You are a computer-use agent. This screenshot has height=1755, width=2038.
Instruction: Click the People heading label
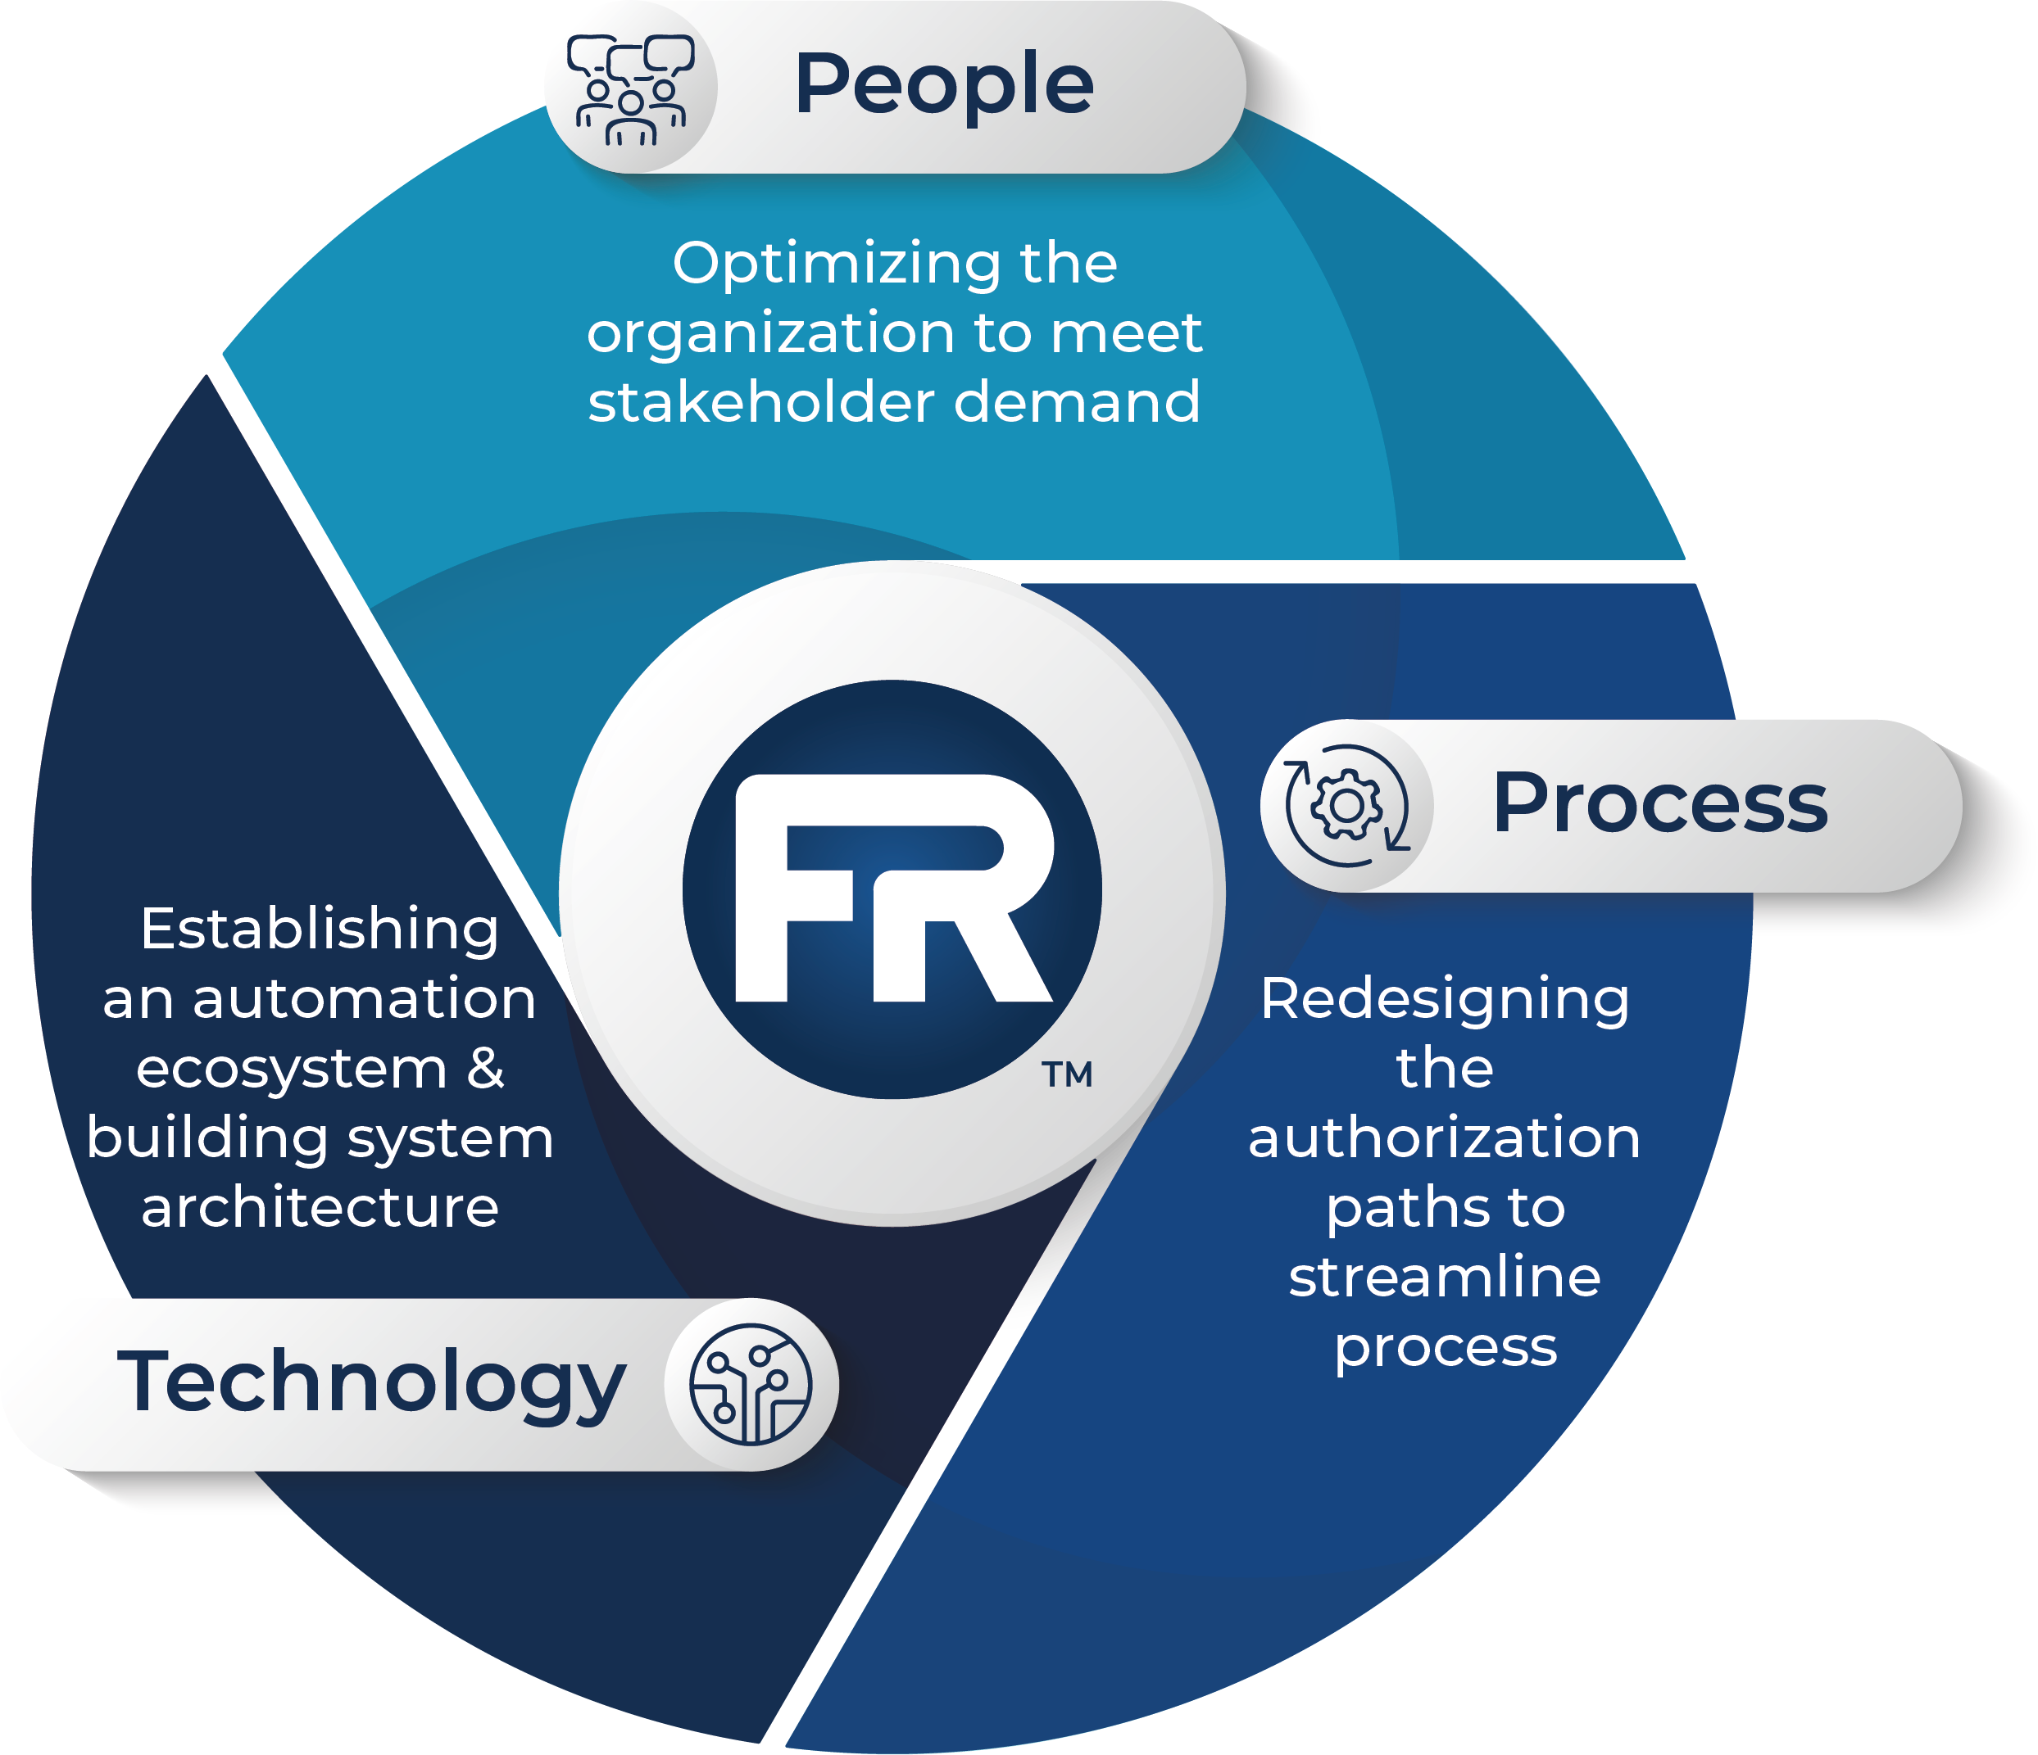tap(943, 85)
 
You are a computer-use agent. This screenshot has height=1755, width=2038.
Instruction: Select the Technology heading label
tap(371, 1383)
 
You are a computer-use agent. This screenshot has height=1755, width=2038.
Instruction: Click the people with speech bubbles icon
tap(630, 88)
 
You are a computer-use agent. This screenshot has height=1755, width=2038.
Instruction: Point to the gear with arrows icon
tap(1346, 806)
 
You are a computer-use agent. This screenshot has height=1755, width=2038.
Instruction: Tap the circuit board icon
tap(751, 1383)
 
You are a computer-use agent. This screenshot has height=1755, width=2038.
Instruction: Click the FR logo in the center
tap(892, 889)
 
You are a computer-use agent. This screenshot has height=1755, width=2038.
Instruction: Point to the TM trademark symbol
tap(1067, 1074)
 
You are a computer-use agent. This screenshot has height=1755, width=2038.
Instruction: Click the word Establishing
tap(320, 930)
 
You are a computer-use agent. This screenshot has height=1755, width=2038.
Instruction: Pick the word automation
tap(364, 999)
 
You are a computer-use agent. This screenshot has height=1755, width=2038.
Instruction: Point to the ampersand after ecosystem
tap(485, 1068)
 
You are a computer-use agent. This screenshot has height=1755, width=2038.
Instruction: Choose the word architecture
tap(320, 1207)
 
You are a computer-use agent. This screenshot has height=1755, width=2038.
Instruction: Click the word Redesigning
tap(1444, 1001)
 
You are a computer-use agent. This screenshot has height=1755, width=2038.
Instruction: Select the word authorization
tap(1444, 1138)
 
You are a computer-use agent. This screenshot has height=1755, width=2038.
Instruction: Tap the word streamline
tap(1444, 1278)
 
